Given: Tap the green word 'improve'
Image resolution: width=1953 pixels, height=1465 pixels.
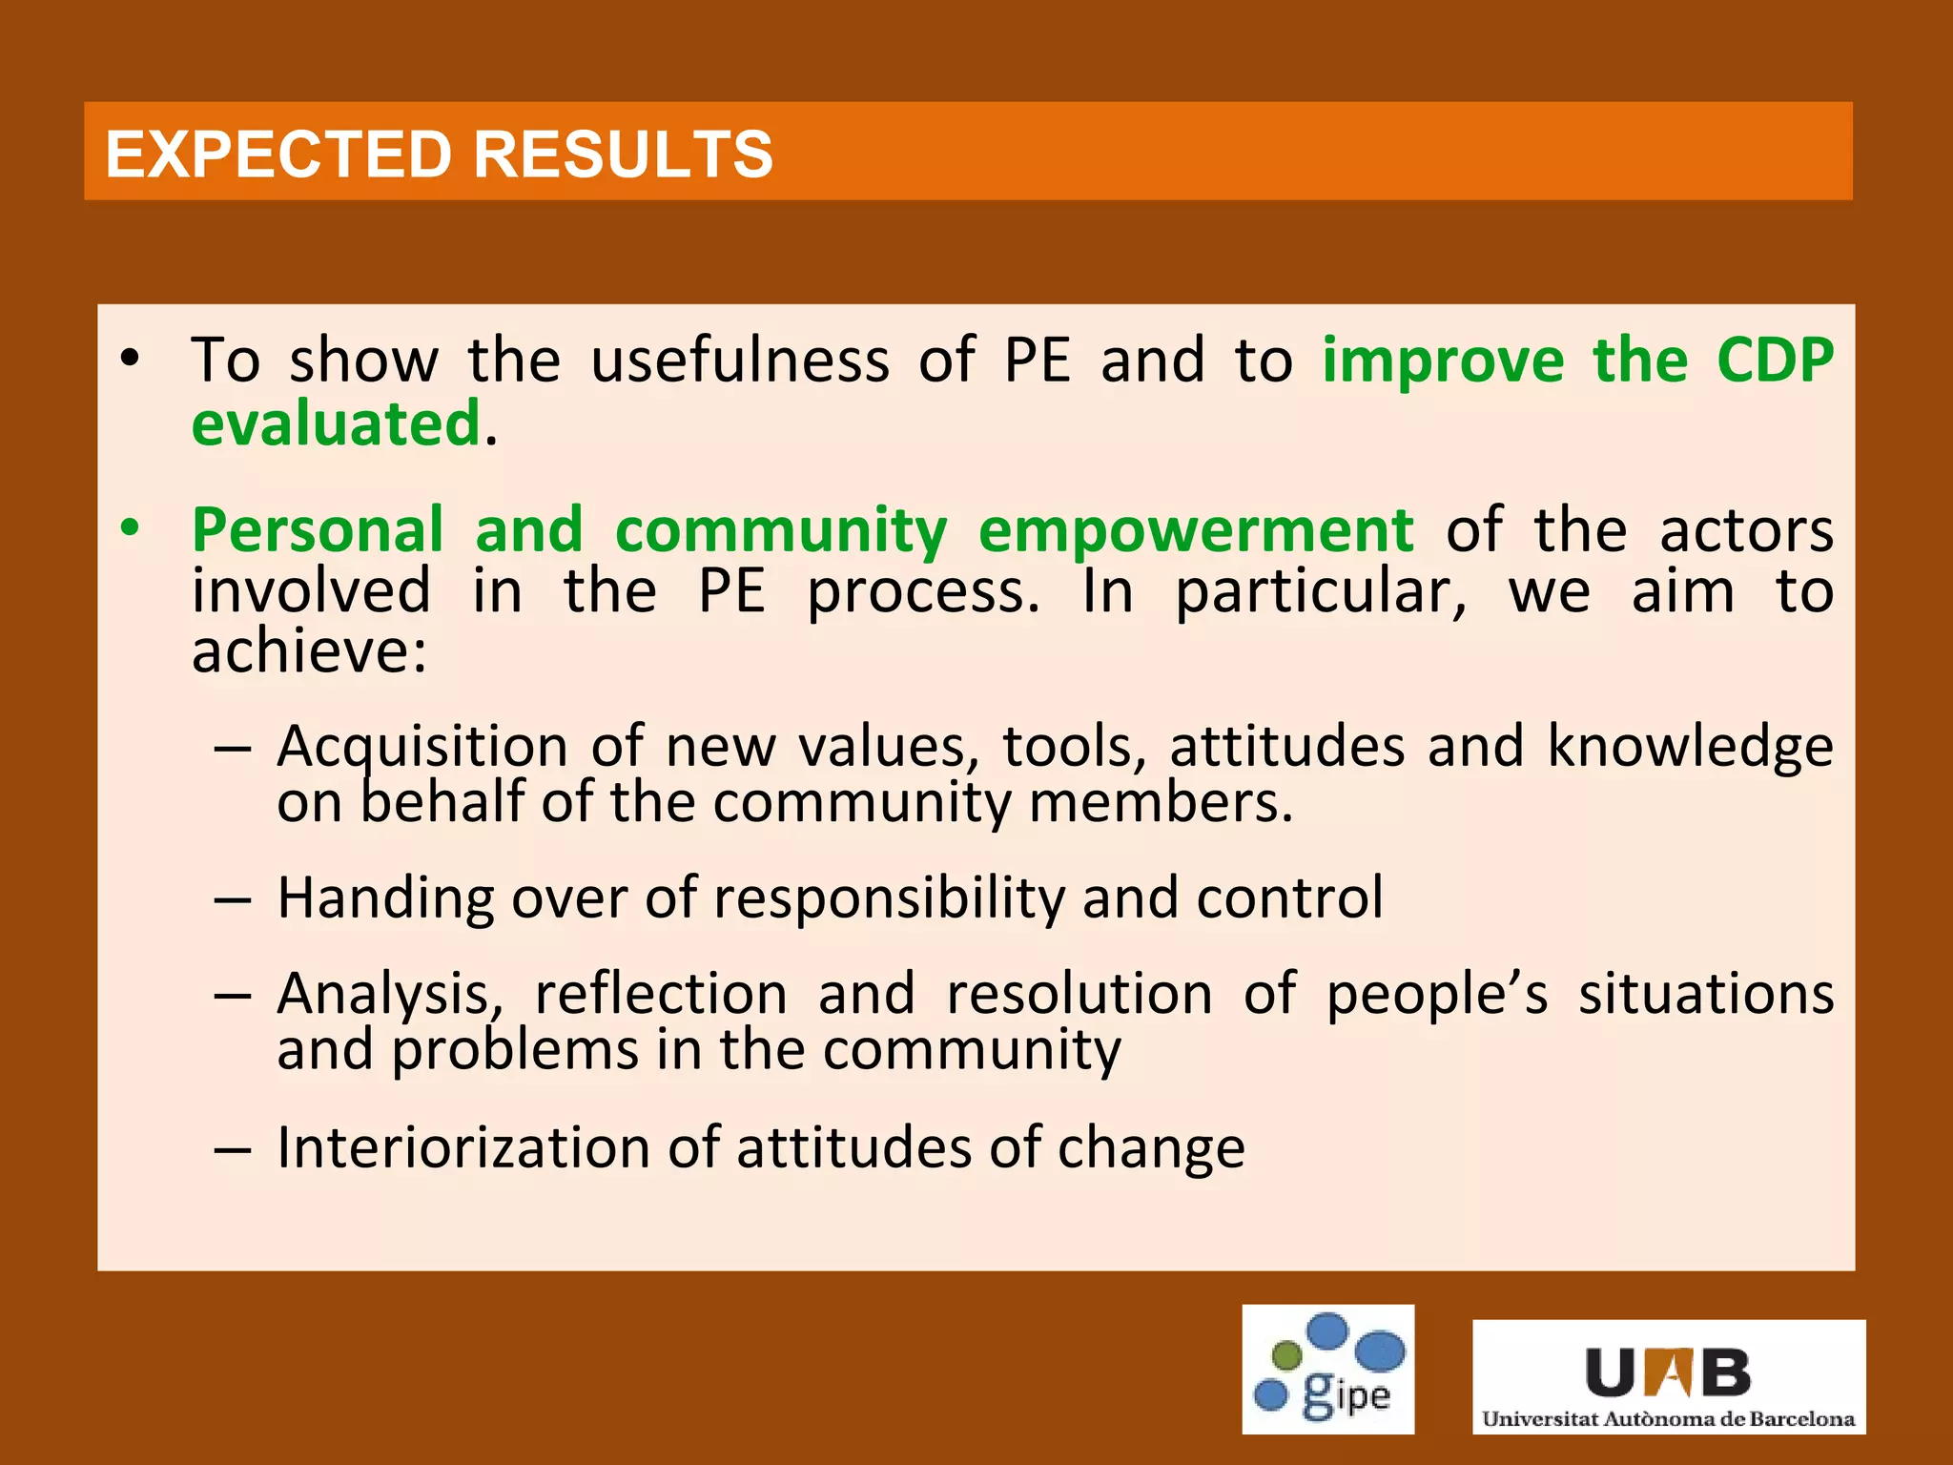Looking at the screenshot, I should (x=1443, y=361).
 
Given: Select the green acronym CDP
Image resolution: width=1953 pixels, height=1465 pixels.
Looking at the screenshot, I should (x=1775, y=361).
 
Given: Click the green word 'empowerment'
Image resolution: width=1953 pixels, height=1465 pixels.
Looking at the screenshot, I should (x=1196, y=530).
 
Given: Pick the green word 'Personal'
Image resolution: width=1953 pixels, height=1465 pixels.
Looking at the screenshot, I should (x=318, y=530).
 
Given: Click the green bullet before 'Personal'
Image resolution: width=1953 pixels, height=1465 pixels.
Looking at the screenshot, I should (x=131, y=527).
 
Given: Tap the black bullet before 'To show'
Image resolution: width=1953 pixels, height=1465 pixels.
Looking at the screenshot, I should (x=131, y=359).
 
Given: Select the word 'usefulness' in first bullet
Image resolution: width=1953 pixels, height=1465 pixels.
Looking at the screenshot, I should (x=740, y=361).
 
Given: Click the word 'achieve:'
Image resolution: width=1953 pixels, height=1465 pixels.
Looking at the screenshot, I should (x=309, y=651).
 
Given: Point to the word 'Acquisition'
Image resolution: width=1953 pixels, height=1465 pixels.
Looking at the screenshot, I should (x=421, y=746).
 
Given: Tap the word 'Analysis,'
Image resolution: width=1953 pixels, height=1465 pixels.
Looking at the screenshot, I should (x=389, y=995).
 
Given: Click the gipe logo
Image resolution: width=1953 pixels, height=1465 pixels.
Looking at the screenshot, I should (x=1327, y=1369).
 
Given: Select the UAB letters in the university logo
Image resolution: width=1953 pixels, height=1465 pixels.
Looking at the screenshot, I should (x=1668, y=1372).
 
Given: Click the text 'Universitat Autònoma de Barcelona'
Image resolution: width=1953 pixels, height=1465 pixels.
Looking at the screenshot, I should (x=1668, y=1419).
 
